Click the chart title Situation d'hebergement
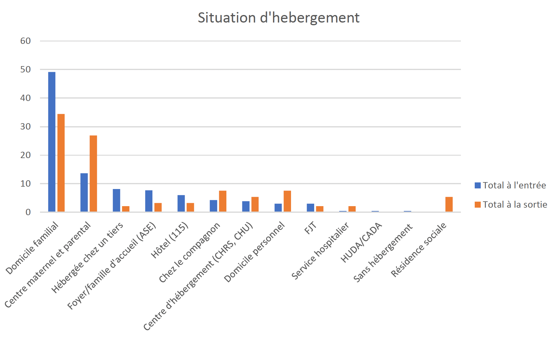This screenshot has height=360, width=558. pos(278,18)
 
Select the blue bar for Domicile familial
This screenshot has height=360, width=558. pos(52,142)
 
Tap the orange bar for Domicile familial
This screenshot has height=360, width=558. pos(61,163)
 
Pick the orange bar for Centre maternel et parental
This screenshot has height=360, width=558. pos(93,174)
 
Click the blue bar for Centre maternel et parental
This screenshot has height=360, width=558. pos(84,192)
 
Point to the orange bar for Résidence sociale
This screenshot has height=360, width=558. pos(449,204)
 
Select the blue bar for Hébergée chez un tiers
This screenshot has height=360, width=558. pos(116,200)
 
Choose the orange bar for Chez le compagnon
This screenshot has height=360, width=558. pos(222,201)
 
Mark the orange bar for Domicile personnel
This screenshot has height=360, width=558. pos(287,201)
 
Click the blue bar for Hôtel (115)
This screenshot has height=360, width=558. pos(181,203)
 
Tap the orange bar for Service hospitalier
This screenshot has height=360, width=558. pos(352,209)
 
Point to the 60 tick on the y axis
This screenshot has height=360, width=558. pos(26,41)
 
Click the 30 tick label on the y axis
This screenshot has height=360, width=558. pos(26,127)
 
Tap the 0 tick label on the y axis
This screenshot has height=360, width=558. pos(28,212)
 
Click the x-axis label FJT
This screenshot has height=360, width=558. pos(310,228)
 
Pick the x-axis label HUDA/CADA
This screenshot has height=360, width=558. pos(361,243)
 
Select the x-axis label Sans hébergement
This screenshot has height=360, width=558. pos(383,253)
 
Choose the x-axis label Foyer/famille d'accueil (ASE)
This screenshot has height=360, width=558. pos(112,266)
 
